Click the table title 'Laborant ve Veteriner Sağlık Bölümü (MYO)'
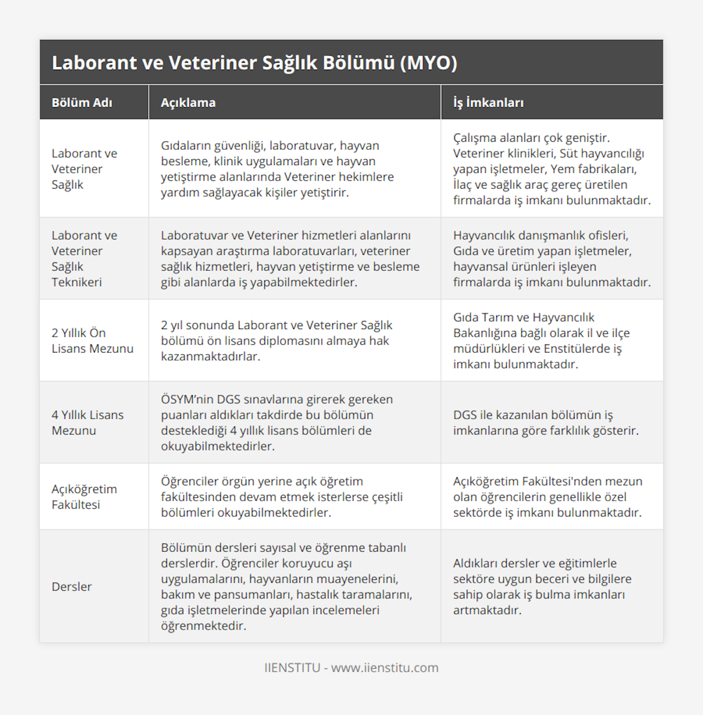pyautogui.click(x=254, y=63)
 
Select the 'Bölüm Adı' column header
pyautogui.click(x=81, y=102)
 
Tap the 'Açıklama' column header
pyautogui.click(x=188, y=102)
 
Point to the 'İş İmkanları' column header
pyautogui.click(x=488, y=102)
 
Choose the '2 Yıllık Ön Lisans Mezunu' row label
pyautogui.click(x=93, y=340)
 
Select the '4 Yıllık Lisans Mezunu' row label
pyautogui.click(x=88, y=422)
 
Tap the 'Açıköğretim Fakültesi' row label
pyautogui.click(x=84, y=497)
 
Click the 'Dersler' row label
pyautogui.click(x=71, y=586)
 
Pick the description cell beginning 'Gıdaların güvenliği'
pyautogui.click(x=277, y=169)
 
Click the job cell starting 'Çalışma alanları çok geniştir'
pyautogui.click(x=551, y=169)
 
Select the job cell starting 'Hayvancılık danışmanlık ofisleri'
pyautogui.click(x=551, y=258)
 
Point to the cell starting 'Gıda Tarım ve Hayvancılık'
pyautogui.click(x=541, y=340)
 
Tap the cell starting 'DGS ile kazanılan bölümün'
pyautogui.click(x=545, y=422)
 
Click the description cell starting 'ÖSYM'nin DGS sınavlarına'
pyautogui.click(x=277, y=422)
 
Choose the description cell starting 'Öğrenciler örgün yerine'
pyautogui.click(x=282, y=497)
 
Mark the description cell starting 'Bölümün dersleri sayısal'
pyautogui.click(x=286, y=586)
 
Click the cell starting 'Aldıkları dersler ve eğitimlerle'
pyautogui.click(x=542, y=586)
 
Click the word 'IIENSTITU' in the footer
pyautogui.click(x=292, y=668)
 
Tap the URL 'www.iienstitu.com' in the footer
pyautogui.click(x=385, y=668)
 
